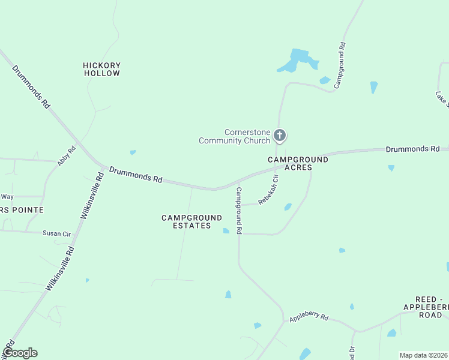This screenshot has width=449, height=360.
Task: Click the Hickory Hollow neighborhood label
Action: pos(101,69)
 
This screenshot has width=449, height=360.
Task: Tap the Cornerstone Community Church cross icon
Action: pos(279,136)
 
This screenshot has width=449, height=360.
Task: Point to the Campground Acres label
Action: pos(298,164)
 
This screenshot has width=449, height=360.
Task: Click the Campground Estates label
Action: pos(186,221)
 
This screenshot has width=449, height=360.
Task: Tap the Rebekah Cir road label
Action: pos(268,190)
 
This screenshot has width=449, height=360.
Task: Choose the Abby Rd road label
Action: pos(66,156)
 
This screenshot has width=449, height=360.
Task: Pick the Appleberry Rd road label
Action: pos(309,317)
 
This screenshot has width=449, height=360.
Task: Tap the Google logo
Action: pos(20,353)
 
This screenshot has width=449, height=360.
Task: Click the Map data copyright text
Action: pos(424,355)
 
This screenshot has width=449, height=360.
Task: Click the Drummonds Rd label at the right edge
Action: pos(413,148)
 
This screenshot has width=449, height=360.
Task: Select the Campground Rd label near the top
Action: pos(339,65)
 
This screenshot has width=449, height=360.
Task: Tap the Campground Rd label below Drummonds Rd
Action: pos(239,210)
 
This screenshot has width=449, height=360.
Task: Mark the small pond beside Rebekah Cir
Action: pos(288,207)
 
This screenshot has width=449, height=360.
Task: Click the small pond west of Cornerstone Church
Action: pos(133,152)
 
